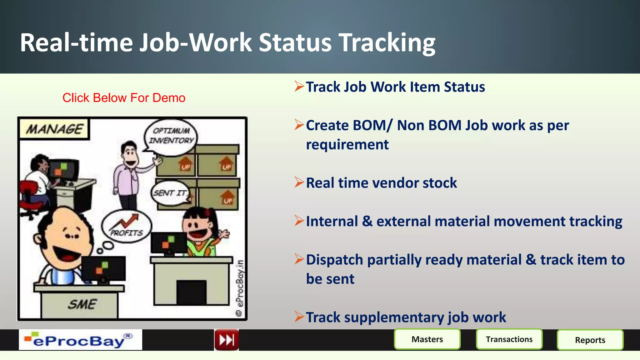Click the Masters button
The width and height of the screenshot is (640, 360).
point(427,339)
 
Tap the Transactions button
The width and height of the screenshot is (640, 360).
point(509,339)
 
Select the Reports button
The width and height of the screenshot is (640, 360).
point(590,340)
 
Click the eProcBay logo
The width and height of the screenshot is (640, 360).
point(80,340)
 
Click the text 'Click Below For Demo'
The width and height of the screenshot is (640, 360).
point(124,98)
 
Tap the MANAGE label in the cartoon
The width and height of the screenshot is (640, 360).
point(54,129)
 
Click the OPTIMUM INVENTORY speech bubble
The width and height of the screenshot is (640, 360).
point(171,136)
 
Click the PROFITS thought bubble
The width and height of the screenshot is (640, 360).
point(127,226)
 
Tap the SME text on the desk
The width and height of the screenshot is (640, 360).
point(82,304)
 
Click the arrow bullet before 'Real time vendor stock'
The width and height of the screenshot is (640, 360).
point(299,182)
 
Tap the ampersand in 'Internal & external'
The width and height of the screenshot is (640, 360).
point(367,221)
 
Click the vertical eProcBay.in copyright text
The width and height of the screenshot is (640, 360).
point(240,286)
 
